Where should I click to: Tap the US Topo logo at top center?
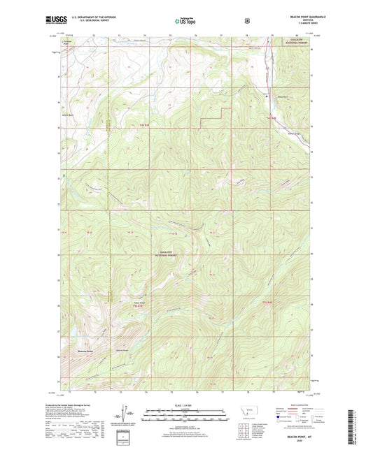click(185, 22)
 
